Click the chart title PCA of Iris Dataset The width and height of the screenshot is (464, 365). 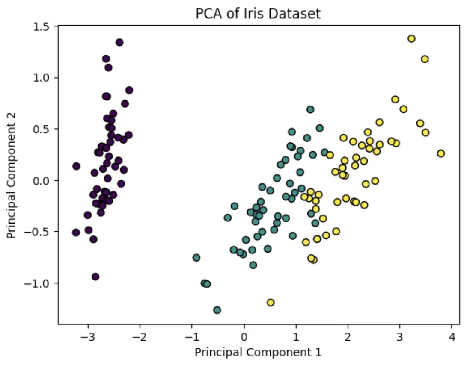coord(258,14)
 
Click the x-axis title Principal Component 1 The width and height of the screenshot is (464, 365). coord(258,353)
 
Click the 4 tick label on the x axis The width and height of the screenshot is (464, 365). coord(452,337)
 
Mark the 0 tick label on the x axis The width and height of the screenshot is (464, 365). coord(244,337)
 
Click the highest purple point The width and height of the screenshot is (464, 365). coord(119,42)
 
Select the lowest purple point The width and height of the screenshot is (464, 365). coord(95,277)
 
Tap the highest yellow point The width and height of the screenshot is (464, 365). coord(411,38)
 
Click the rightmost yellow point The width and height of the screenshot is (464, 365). coord(441,153)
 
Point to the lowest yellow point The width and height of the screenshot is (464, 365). coord(271,303)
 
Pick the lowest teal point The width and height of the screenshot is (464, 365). coord(217,310)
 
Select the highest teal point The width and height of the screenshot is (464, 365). coord(310,109)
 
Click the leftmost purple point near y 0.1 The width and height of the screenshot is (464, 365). coord(76,166)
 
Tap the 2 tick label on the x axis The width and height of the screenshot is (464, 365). coord(348,337)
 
